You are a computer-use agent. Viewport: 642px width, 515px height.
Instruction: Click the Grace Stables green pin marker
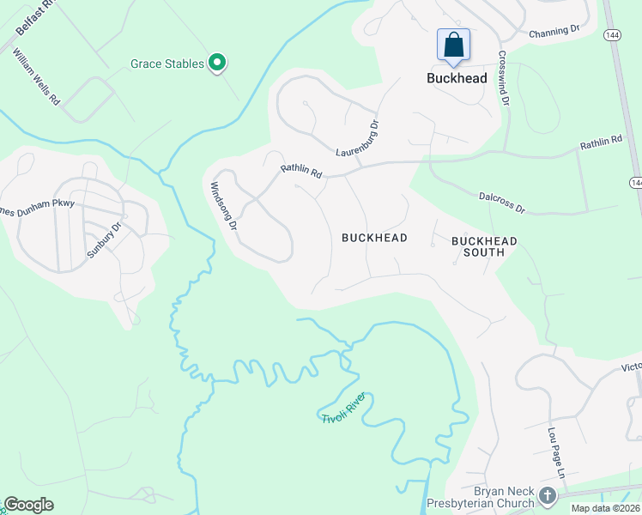217,63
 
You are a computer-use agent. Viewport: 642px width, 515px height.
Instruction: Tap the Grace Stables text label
167,64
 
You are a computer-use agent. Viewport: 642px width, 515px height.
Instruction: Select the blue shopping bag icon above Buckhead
453,45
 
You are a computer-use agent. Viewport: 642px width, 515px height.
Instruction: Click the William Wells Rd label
36,76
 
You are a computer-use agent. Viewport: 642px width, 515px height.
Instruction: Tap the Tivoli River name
343,407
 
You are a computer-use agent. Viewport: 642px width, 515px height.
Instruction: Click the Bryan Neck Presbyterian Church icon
548,496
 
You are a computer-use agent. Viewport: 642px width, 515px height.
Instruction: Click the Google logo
29,505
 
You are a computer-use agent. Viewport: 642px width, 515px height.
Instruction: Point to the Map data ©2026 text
605,508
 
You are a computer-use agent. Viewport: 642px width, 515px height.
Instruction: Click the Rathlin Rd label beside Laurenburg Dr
300,172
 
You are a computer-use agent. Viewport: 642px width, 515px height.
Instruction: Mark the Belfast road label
34,17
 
